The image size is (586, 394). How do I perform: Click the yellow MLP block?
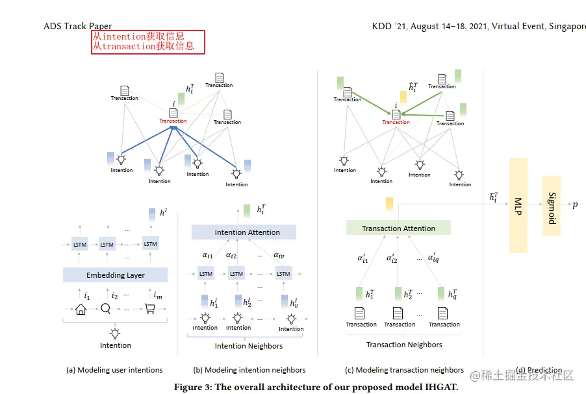point(518,204)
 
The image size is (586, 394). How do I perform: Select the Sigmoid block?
point(550,206)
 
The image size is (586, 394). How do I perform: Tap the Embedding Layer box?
point(116,275)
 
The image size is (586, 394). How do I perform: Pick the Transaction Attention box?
point(398,228)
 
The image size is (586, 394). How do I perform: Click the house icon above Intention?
point(81,310)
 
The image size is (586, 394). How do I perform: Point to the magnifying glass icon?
point(105,309)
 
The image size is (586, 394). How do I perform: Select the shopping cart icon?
point(150,309)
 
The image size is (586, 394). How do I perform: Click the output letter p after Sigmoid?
point(575,205)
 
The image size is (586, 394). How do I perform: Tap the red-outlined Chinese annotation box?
point(148,42)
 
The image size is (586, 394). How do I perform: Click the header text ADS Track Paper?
point(78,27)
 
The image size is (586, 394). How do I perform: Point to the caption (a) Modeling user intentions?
point(114,370)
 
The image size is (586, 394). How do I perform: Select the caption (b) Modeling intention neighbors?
point(249,370)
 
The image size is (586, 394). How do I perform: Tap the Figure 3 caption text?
point(316,388)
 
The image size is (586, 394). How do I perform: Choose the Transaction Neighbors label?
point(404,345)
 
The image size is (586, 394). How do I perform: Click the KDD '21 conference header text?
point(478,27)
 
